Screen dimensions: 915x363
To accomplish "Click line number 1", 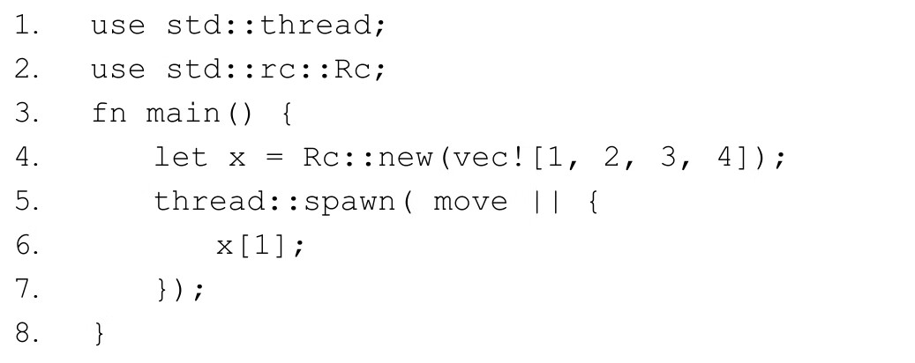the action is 26,26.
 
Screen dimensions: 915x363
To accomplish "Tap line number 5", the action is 26,202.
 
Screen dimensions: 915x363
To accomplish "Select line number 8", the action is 26,334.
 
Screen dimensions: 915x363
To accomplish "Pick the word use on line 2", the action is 117,70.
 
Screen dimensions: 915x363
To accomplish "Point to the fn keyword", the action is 109,114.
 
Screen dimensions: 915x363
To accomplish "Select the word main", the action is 184,114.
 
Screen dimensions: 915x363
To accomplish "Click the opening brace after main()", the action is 286,114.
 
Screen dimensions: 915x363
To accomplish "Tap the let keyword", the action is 180,158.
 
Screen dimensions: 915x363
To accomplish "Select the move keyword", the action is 470,202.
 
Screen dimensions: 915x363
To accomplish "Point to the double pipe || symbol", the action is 546,202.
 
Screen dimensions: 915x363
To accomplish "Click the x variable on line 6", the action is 225,247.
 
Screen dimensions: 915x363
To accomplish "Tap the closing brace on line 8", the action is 99,334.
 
